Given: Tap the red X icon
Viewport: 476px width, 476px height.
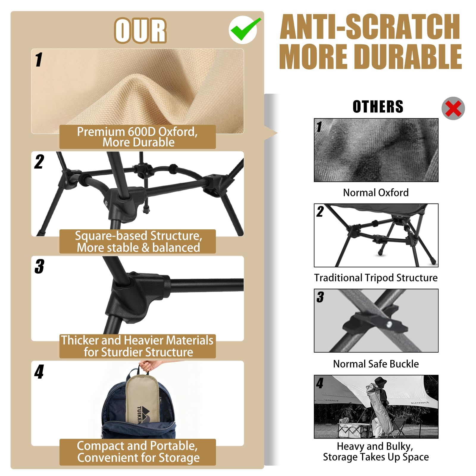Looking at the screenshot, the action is click(453, 108).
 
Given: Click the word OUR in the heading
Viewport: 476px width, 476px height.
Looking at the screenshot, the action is click(140, 31).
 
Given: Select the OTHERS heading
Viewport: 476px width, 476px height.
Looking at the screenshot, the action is click(378, 107).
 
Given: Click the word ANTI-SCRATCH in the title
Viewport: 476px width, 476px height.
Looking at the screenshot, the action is click(370, 27).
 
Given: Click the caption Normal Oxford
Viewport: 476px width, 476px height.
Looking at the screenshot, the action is click(376, 192).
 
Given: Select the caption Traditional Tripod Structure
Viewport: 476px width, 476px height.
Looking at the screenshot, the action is click(376, 278).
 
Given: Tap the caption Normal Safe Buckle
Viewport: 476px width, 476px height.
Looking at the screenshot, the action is click(376, 364).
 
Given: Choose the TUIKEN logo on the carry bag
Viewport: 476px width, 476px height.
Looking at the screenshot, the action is click(144, 414).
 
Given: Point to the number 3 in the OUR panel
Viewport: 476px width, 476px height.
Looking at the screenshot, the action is click(39, 266).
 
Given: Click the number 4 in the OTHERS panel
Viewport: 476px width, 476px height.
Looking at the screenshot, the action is click(320, 383).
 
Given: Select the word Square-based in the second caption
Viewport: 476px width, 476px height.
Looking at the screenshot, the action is click(111, 236).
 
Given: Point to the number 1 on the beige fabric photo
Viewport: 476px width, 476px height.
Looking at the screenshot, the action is click(39, 59).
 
